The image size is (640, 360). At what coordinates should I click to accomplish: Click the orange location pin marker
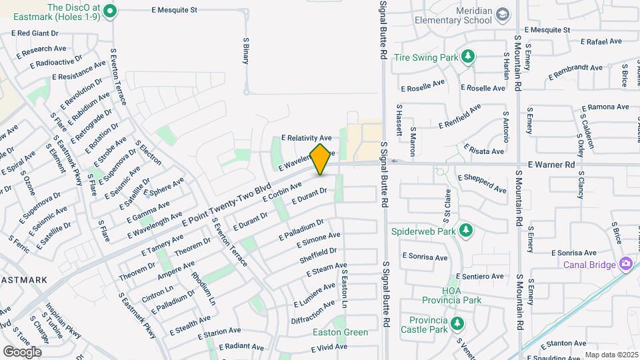(321, 159)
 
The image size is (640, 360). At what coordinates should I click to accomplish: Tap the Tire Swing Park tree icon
(469, 56)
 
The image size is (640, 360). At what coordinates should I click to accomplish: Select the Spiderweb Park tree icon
(467, 231)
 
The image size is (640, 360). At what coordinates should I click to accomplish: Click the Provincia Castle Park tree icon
(457, 324)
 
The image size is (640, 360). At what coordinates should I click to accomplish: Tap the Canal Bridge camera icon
(626, 264)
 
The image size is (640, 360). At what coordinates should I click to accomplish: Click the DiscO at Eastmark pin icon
(111, 10)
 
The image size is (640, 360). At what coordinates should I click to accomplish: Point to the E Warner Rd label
(551, 164)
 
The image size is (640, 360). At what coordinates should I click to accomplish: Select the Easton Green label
(341, 332)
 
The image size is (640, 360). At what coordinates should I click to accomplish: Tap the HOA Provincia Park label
(461, 295)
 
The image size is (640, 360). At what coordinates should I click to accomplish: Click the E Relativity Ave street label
(306, 137)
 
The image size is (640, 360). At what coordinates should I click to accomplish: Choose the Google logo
(22, 351)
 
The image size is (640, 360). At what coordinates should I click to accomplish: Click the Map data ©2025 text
(611, 355)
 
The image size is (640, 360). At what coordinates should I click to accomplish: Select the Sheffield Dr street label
(318, 255)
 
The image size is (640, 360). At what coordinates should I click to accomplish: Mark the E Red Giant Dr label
(34, 33)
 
